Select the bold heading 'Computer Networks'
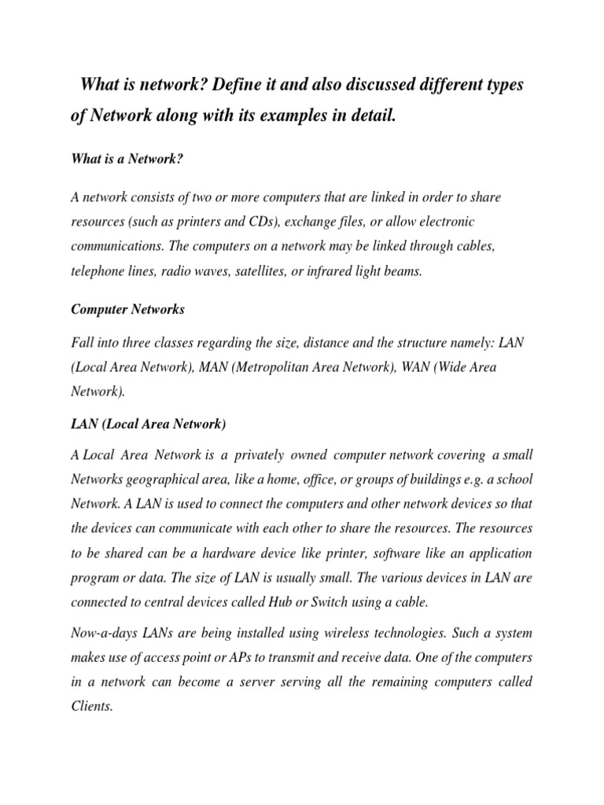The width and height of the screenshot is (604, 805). [127, 310]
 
